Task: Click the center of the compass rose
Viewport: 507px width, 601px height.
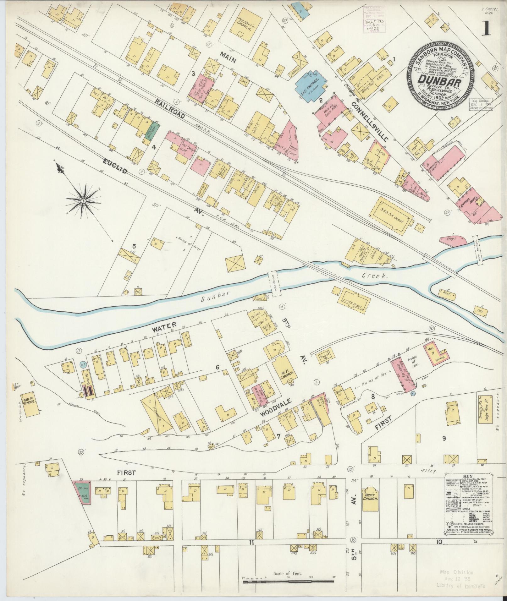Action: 83,200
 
